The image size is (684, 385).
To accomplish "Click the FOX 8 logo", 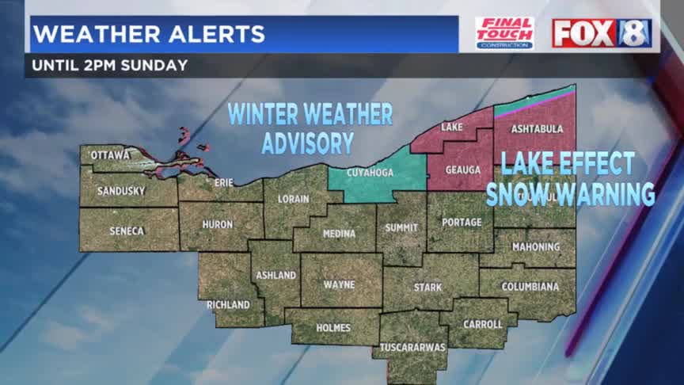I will pos(602,33).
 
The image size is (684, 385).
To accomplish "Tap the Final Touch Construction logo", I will pos(504,33).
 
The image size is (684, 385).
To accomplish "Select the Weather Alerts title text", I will pos(149,34).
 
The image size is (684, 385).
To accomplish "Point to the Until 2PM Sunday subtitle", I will pos(110,65).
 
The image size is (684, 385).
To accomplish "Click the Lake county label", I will pos(451,127).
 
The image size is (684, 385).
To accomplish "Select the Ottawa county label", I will pos(109,155).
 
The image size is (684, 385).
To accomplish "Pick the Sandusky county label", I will pos(121,191).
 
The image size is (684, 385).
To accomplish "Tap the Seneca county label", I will pos(126,231).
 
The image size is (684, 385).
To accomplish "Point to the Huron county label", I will pos(217,224).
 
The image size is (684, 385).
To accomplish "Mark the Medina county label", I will pos(338,234).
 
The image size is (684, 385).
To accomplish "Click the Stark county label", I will pos(427,287).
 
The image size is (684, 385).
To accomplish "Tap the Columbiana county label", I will pos(530,286).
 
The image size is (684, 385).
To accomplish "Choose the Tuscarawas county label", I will pos(413,347).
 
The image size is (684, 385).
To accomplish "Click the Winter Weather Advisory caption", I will pos(310,128).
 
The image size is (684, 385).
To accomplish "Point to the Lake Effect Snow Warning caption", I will pos(570,179).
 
